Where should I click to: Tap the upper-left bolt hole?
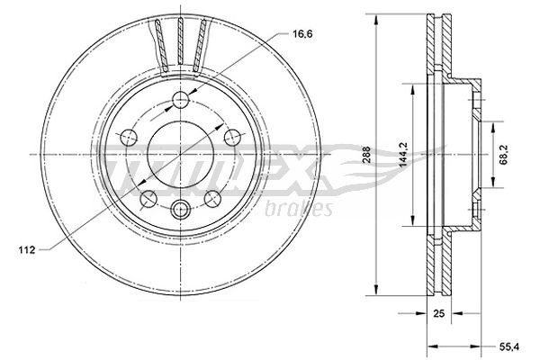[128, 137]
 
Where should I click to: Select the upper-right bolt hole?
[232, 137]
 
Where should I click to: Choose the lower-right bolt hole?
[212, 198]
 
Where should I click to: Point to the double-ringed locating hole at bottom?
[180, 211]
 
